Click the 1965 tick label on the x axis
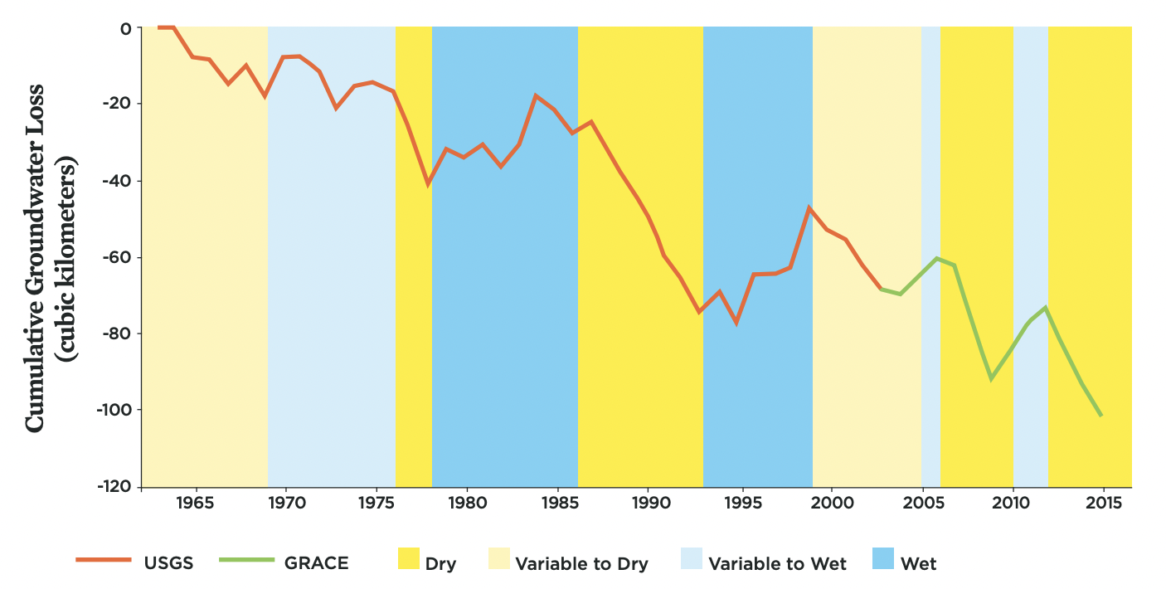[196, 503]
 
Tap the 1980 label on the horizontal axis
[468, 503]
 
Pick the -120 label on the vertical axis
[114, 486]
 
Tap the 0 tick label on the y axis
[126, 29]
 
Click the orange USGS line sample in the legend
[104, 560]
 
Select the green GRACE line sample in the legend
[247, 560]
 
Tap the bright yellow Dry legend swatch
[409, 558]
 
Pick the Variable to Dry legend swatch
[499, 558]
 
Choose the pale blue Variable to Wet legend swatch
[692, 558]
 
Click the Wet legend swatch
[883, 558]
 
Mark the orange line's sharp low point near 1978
[428, 184]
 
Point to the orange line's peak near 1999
[809, 207]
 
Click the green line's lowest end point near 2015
[1101, 416]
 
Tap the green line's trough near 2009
[991, 378]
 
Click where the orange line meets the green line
[881, 289]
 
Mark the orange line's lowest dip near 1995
[736, 323]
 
